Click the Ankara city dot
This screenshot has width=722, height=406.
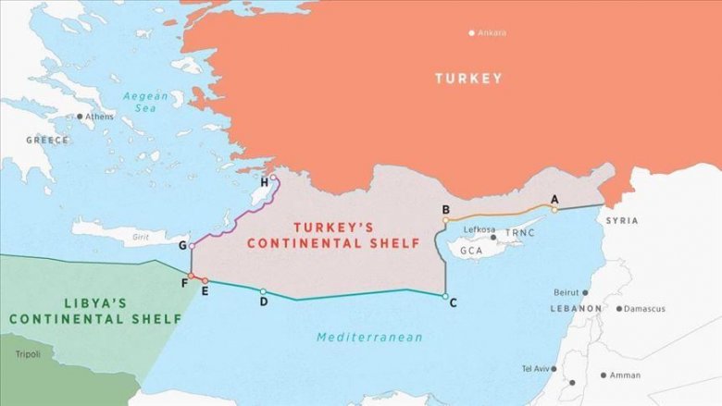coord(471,32)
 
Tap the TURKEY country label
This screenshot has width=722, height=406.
coord(468,79)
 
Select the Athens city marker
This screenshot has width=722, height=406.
coord(80,117)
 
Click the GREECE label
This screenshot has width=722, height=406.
coord(47,140)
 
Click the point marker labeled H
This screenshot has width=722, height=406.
coord(272,178)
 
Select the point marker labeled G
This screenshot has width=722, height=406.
coord(192,245)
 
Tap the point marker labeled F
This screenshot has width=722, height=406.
coord(191,276)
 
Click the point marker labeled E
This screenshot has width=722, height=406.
coord(205,280)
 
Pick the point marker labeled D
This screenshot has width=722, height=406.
coord(263,291)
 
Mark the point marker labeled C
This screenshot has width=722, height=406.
coord(445,296)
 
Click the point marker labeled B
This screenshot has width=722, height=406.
coord(445,220)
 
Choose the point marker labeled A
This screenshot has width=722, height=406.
coord(554,209)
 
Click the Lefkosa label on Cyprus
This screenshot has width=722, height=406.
coord(479,229)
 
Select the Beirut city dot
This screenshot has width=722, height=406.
coord(585,292)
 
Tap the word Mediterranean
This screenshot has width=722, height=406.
coord(369,338)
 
